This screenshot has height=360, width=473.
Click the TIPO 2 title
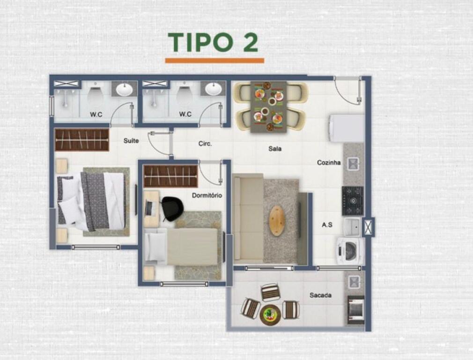(x=213, y=42)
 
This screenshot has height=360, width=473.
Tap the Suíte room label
(x=131, y=141)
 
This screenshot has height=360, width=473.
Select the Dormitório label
(x=207, y=195)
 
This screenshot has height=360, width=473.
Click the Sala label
(x=275, y=149)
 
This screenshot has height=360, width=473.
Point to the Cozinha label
(x=329, y=163)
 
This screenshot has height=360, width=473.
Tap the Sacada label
(x=320, y=295)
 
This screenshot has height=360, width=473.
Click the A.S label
(x=327, y=225)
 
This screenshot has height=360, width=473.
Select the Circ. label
(x=205, y=144)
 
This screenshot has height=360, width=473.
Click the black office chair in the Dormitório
(x=172, y=208)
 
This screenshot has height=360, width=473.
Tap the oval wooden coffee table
(x=277, y=220)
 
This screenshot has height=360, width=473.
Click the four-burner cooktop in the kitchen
(x=352, y=201)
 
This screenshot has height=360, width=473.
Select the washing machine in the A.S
(x=350, y=250)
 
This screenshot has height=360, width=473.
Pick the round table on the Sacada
(x=270, y=315)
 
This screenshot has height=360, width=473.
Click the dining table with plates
(x=268, y=106)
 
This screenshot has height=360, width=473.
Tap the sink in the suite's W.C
(x=124, y=89)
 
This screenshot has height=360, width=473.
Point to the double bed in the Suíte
(x=91, y=201)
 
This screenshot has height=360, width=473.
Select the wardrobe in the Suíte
(x=82, y=140)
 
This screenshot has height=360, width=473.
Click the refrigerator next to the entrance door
(x=347, y=128)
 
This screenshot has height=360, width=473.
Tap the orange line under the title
(x=214, y=60)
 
